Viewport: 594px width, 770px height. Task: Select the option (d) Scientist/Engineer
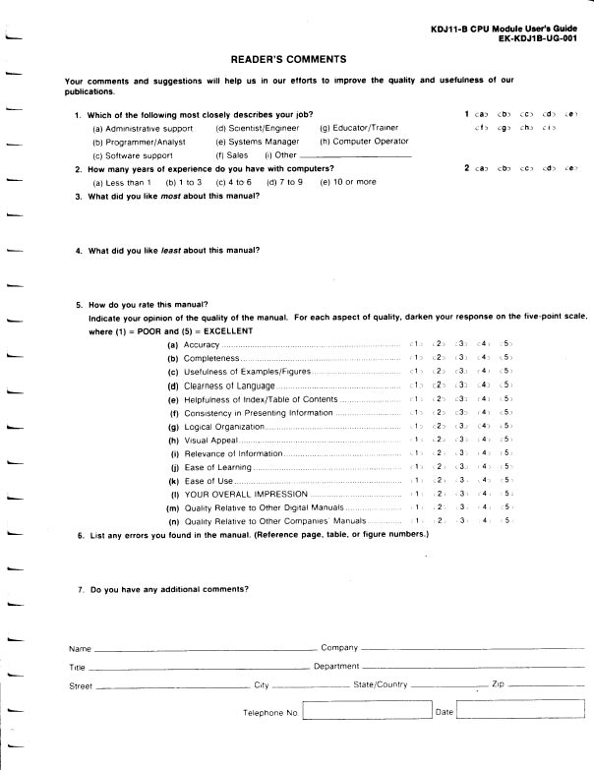point(259,129)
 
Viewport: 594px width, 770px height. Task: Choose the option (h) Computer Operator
point(364,142)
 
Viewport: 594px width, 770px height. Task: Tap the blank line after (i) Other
point(355,155)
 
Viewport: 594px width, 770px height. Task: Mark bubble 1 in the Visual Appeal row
point(418,440)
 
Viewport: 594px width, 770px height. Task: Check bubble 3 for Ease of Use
point(461,480)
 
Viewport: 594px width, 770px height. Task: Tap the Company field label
point(339,649)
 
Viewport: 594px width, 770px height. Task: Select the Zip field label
point(498,684)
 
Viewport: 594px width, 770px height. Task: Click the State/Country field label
point(381,684)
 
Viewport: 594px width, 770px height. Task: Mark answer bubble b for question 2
point(505,169)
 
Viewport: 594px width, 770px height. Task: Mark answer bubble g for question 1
point(505,129)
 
